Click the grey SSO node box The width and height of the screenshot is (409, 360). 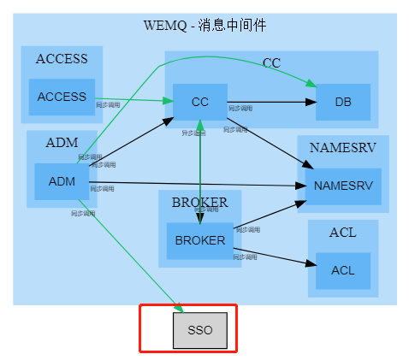(x=199, y=330)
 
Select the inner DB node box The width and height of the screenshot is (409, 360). (x=342, y=102)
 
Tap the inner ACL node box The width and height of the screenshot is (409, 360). (x=342, y=270)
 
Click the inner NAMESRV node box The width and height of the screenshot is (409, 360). (x=342, y=186)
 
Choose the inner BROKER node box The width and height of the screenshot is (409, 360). (x=199, y=240)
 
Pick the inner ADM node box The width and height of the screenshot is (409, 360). (x=62, y=181)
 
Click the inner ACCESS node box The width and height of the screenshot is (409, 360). (x=62, y=97)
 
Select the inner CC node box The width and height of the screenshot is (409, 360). (x=199, y=102)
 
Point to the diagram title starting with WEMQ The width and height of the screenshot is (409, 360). (x=204, y=25)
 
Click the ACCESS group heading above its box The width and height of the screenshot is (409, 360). (x=62, y=59)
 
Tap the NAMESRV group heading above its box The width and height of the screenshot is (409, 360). (x=342, y=147)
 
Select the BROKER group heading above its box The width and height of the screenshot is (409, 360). (x=199, y=203)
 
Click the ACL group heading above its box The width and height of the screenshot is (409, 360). (x=342, y=232)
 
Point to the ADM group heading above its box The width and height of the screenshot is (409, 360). (x=62, y=143)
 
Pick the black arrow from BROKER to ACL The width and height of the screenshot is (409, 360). (x=274, y=256)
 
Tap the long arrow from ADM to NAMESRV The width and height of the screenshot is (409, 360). (x=197, y=183)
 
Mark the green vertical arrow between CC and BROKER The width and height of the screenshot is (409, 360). (x=199, y=171)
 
